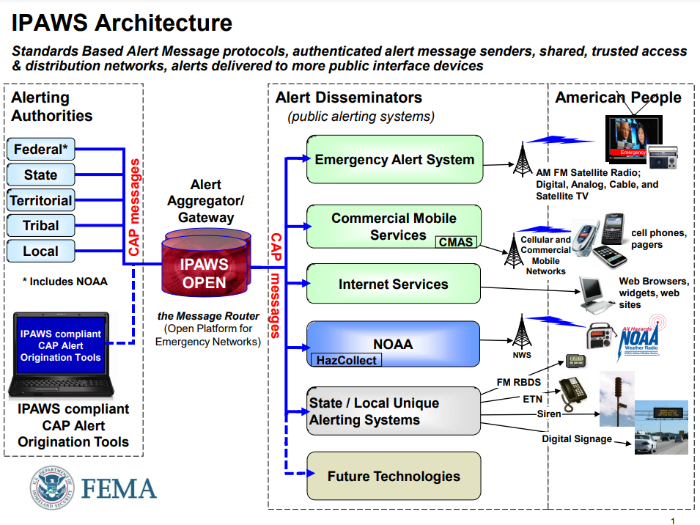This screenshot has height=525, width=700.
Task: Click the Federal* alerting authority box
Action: (x=40, y=150)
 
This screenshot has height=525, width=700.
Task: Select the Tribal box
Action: (x=40, y=225)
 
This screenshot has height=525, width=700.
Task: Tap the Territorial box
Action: (x=40, y=200)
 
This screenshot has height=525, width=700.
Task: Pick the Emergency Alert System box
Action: (x=394, y=159)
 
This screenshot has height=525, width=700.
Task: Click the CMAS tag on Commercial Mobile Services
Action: (x=456, y=241)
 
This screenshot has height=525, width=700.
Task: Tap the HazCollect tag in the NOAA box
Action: (x=347, y=360)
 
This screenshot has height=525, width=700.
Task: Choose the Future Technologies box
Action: (x=394, y=476)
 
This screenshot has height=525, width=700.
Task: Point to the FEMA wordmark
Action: (x=118, y=489)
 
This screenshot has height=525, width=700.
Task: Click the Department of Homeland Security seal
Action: (x=52, y=489)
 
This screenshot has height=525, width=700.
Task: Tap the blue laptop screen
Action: (x=61, y=345)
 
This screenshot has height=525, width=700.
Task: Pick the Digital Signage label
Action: (x=577, y=438)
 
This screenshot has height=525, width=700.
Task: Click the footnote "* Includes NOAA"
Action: (x=65, y=282)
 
